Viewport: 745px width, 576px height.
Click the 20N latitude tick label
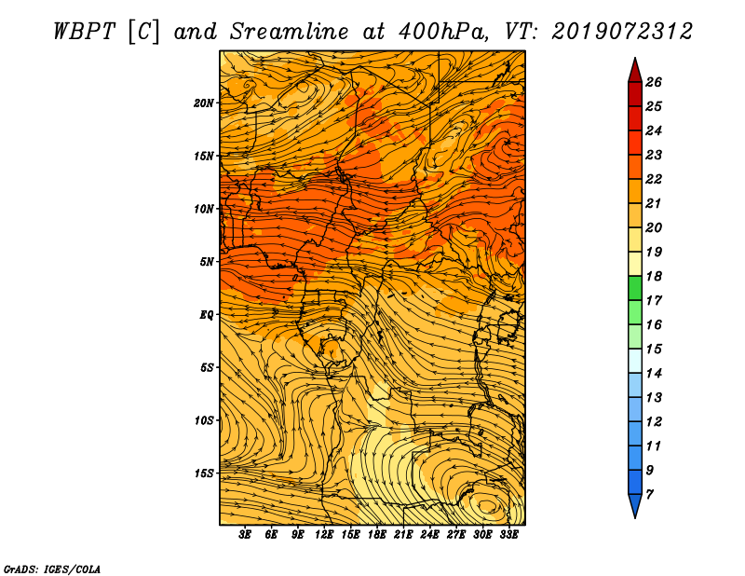(204, 103)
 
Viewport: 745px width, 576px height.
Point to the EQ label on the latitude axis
(206, 315)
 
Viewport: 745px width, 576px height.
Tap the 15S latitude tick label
(204, 473)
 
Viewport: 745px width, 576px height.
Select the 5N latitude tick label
(207, 262)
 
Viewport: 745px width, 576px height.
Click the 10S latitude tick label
(204, 420)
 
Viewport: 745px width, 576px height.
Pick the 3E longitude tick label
(245, 535)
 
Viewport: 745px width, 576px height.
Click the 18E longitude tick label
(377, 535)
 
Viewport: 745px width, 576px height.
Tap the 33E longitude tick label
(508, 535)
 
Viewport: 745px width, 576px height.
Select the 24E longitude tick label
(429, 535)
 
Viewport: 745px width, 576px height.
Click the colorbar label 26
(654, 82)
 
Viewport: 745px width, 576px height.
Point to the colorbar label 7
(649, 495)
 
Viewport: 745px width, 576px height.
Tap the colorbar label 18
(654, 276)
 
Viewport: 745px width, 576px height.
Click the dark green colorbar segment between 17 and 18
(635, 288)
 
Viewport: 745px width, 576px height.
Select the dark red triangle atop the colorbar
(635, 72)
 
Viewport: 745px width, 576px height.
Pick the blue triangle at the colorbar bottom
(635, 505)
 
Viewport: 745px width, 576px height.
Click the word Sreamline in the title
(290, 32)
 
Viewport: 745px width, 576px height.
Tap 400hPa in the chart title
(443, 32)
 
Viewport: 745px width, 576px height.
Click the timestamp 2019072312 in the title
(622, 32)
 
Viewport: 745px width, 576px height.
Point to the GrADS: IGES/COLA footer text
(52, 569)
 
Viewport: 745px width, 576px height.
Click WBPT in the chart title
(84, 32)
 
